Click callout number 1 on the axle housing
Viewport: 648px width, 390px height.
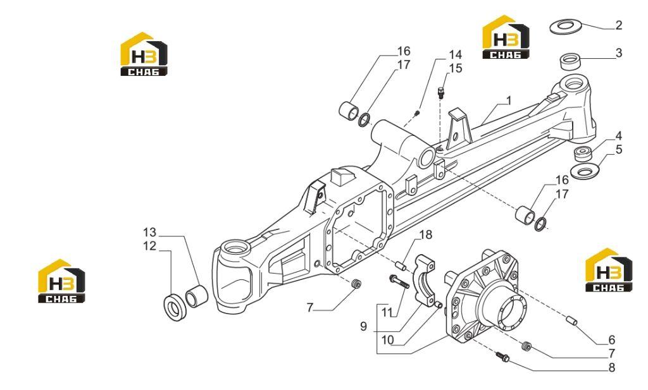[x=509, y=101]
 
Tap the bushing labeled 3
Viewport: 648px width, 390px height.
[x=571, y=61]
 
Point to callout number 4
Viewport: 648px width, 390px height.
[x=618, y=136]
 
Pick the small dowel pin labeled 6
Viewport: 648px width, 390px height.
[x=571, y=320]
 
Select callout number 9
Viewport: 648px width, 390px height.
[x=363, y=327]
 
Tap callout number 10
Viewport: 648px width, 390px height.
[x=387, y=341]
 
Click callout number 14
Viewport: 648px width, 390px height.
[x=456, y=55]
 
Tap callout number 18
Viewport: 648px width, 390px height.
[x=426, y=235]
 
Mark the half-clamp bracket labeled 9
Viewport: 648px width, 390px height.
[x=426, y=281]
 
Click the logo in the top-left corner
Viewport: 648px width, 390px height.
[x=144, y=54]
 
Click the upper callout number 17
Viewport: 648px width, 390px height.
[x=403, y=65]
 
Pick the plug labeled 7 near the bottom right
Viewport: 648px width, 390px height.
[x=526, y=346]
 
